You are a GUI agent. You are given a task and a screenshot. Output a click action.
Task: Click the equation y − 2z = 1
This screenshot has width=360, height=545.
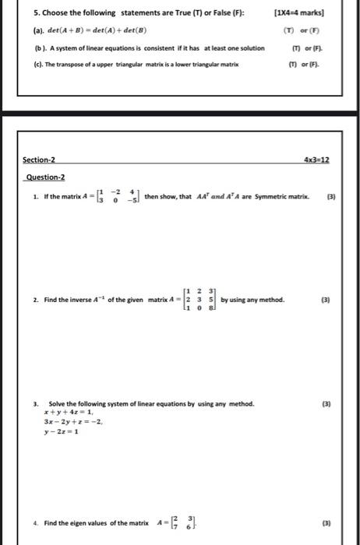pyautogui.click(x=63, y=431)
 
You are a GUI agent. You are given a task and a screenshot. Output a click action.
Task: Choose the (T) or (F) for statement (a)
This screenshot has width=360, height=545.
pyautogui.click(x=302, y=33)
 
